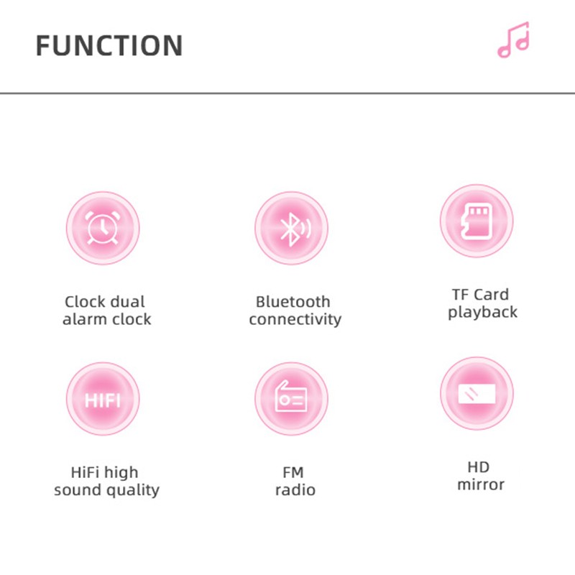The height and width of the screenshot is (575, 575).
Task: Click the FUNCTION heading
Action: click(x=109, y=45)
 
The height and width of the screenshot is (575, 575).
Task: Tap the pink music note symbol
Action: click(x=513, y=40)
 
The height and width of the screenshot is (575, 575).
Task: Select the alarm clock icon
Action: click(x=102, y=228)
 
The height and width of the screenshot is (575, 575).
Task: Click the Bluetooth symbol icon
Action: click(x=295, y=229)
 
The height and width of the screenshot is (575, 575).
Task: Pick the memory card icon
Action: click(x=477, y=221)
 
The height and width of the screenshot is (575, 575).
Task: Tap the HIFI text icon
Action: click(x=103, y=400)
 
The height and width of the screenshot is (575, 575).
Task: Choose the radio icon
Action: click(x=291, y=397)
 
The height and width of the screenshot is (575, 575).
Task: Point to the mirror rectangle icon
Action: click(x=477, y=393)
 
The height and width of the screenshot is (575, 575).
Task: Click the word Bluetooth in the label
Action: click(x=293, y=302)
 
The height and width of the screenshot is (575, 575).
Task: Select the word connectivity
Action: click(x=295, y=319)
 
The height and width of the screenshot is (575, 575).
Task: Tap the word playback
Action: click(x=482, y=313)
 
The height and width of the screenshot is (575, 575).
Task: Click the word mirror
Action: click(x=481, y=484)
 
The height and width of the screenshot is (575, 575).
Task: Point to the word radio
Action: click(x=295, y=490)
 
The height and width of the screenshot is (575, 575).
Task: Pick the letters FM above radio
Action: click(x=293, y=472)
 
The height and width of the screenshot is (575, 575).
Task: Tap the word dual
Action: click(x=128, y=302)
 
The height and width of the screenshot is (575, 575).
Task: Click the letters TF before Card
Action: click(x=461, y=295)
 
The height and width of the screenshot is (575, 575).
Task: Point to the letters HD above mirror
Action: click(x=478, y=467)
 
